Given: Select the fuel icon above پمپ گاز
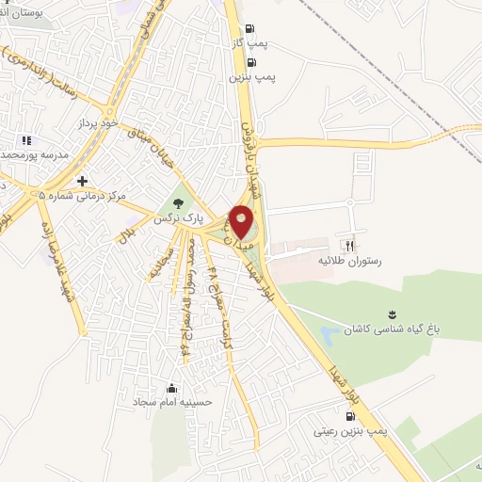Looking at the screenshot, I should click(x=249, y=29).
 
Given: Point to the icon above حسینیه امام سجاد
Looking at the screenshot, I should click(x=171, y=387).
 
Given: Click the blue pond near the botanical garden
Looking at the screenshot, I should click(x=329, y=334).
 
